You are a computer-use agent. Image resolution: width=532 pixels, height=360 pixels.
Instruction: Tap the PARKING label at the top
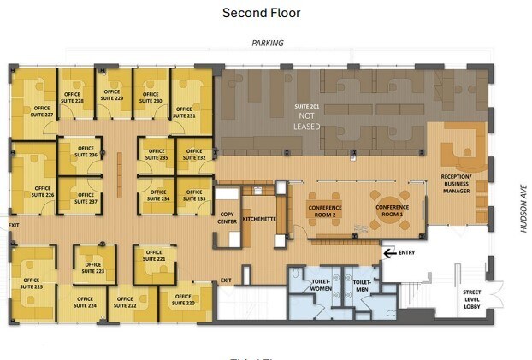(x=267, y=43)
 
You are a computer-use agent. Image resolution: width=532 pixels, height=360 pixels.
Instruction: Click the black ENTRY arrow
(x=390, y=253)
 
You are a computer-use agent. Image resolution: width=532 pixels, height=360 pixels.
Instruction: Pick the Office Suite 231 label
(x=186, y=112)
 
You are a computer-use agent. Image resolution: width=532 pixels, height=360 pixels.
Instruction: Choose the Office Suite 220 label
(x=186, y=301)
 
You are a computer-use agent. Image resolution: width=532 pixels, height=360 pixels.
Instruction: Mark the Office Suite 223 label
(x=93, y=267)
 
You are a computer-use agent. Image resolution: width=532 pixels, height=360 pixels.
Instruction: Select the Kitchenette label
(x=258, y=220)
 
